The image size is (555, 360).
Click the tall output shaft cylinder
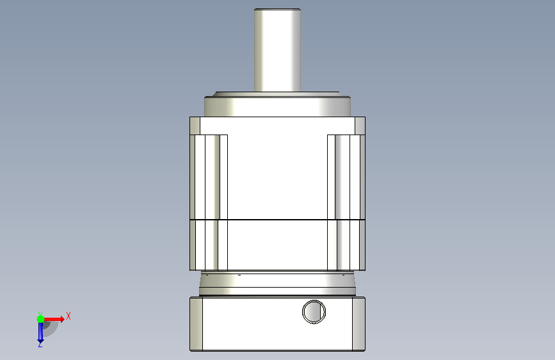pyautogui.click(x=278, y=51)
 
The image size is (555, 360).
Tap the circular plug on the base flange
pyautogui.click(x=314, y=312)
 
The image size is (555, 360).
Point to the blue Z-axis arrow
pyautogui.click(x=40, y=332)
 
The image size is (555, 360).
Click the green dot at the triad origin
pyautogui.click(x=40, y=319)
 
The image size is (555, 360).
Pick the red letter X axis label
pyautogui.click(x=68, y=316)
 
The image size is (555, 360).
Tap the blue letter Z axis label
pyautogui.click(x=40, y=345)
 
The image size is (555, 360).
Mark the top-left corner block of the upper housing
pyautogui.click(x=195, y=126)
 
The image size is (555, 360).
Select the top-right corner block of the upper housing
pyautogui.click(x=360, y=126)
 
